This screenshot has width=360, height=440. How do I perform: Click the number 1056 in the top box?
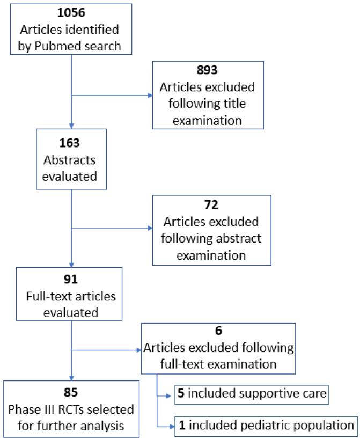click(71, 12)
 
